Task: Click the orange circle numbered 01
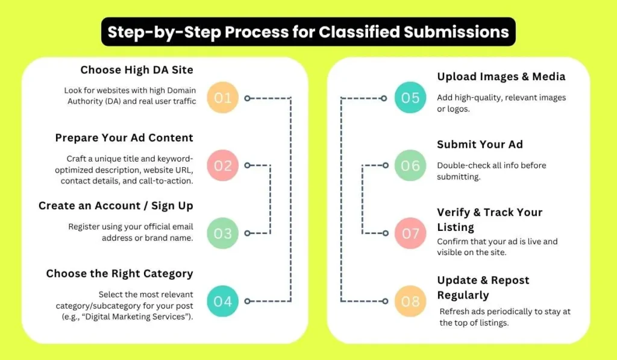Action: tap(223, 98)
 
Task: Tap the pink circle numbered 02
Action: tap(223, 165)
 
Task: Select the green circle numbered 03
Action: tap(223, 233)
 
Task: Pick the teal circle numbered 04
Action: tap(223, 301)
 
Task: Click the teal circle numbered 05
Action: tap(410, 98)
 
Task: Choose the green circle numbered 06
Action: tap(410, 165)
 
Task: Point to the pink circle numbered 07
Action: tap(410, 233)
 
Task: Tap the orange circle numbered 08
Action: tap(410, 301)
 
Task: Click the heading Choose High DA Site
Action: tap(137, 70)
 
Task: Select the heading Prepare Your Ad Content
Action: tap(124, 138)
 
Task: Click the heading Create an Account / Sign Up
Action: tap(116, 206)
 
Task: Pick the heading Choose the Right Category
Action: tap(119, 274)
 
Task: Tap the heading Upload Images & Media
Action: tap(501, 77)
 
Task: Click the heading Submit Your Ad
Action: tap(480, 144)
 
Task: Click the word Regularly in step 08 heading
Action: tap(463, 295)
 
